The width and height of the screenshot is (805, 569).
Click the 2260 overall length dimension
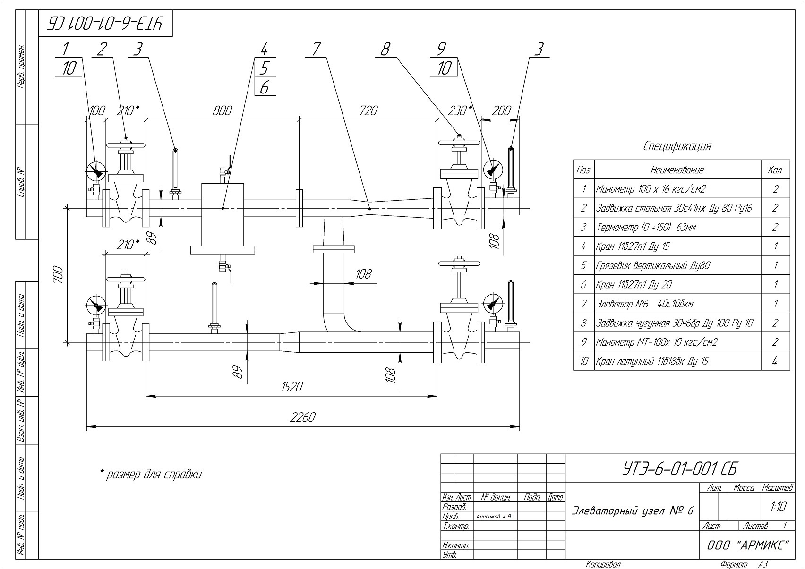tap(303, 417)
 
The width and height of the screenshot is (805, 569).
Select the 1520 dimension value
tap(292, 387)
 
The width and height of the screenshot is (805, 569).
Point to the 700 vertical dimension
tap(58, 275)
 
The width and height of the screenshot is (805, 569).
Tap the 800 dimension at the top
tap(223, 110)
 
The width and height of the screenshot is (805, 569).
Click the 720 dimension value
tap(368, 110)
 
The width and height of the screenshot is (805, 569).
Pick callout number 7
tap(316, 49)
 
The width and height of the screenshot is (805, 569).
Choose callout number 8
tap(385, 49)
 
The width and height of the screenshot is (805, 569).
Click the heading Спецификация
tap(677, 146)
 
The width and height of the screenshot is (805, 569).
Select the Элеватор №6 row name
tap(645, 304)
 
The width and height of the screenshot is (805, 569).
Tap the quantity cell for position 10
tap(775, 361)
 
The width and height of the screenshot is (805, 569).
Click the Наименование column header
tap(677, 170)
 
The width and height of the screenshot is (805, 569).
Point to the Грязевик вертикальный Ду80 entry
tap(653, 266)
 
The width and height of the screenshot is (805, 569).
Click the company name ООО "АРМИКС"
tap(748, 545)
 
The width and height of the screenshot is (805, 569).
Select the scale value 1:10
tap(779, 507)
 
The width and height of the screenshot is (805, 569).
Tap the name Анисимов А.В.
tap(493, 517)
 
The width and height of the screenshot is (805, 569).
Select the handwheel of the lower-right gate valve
tap(459, 263)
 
